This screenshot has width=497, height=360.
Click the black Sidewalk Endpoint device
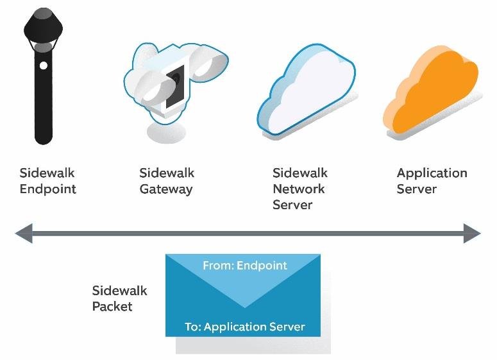click(44, 95)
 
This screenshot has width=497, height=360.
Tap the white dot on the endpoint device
click(44, 65)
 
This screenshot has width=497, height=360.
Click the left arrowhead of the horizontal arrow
click(24, 234)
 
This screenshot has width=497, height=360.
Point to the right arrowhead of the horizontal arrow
click(472, 234)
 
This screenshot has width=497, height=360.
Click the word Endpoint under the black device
click(48, 189)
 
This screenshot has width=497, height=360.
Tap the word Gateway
click(166, 189)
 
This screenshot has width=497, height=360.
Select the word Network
click(299, 189)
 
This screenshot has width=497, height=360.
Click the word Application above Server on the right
click(432, 173)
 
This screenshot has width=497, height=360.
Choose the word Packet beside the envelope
click(112, 306)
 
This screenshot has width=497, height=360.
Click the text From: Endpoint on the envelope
click(245, 265)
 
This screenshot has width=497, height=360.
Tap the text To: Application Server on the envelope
click(245, 327)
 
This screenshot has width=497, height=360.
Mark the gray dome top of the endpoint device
click(44, 13)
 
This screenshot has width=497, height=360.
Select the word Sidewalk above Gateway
click(167, 173)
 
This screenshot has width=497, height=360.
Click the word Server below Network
click(292, 205)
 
